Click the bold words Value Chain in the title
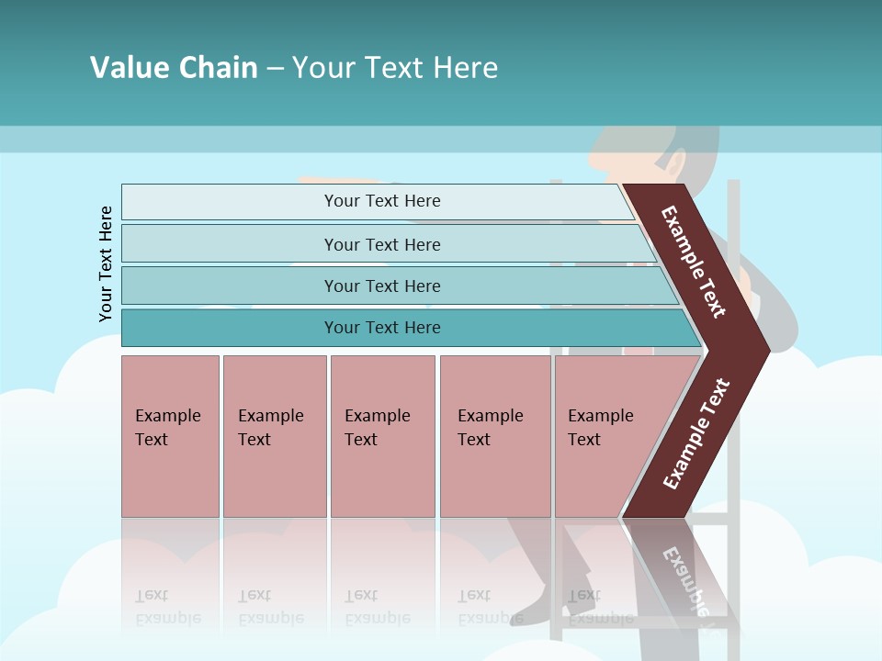pyautogui.click(x=174, y=67)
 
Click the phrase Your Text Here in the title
pyautogui.click(x=395, y=67)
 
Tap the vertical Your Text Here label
pyautogui.click(x=106, y=264)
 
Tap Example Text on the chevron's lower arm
pyautogui.click(x=695, y=434)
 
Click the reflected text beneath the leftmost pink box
pyautogui.click(x=168, y=607)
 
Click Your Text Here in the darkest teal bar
pyautogui.click(x=382, y=328)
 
